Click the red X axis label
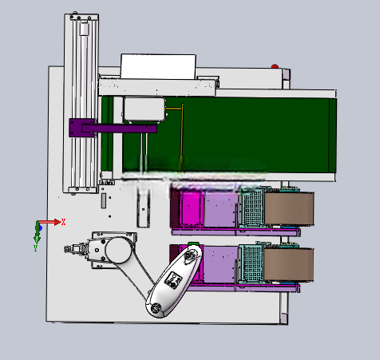63,222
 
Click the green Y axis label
36,248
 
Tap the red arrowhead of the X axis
57,222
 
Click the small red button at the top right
275,66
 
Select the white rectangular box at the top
159,66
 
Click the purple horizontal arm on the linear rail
119,129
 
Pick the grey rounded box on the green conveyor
144,109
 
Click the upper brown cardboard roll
289,209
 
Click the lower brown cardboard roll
289,264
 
